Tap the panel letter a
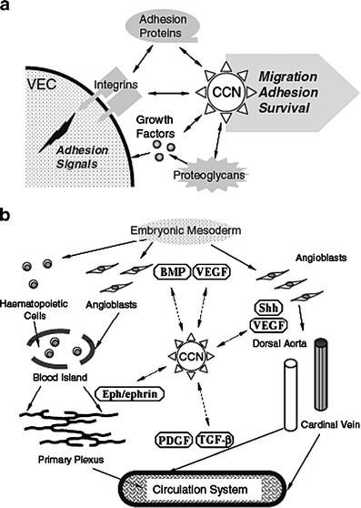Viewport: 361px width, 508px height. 7,7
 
